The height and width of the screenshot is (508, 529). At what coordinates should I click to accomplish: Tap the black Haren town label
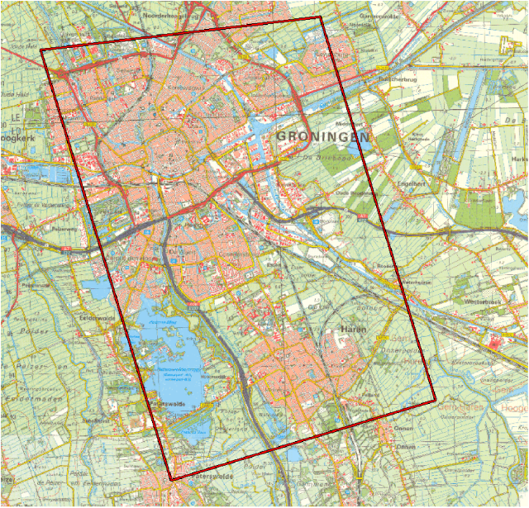point(355,330)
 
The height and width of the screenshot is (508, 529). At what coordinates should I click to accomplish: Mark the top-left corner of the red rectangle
point(41,50)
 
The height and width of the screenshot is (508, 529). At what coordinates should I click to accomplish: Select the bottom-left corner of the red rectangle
point(171,480)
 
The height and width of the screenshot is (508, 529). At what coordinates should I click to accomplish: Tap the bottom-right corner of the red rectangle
point(435,401)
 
